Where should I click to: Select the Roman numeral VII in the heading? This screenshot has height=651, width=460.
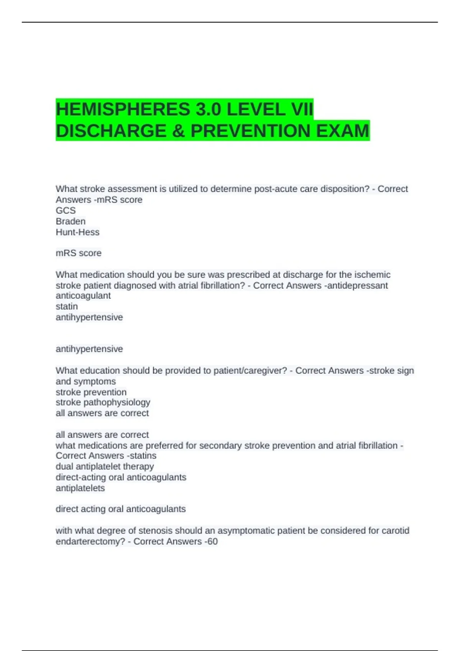click(302, 110)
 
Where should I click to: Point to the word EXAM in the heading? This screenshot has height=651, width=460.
click(342, 131)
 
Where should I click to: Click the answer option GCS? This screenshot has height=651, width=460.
click(66, 211)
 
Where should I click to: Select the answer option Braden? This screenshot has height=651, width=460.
click(71, 221)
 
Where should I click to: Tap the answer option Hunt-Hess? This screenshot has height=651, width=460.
click(77, 232)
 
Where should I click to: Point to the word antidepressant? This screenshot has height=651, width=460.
click(358, 285)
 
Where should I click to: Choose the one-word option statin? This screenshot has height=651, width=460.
click(67, 306)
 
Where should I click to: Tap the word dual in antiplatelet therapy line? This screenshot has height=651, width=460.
click(64, 466)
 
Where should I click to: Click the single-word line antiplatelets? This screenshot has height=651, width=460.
click(80, 488)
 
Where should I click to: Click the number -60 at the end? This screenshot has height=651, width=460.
click(211, 541)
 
